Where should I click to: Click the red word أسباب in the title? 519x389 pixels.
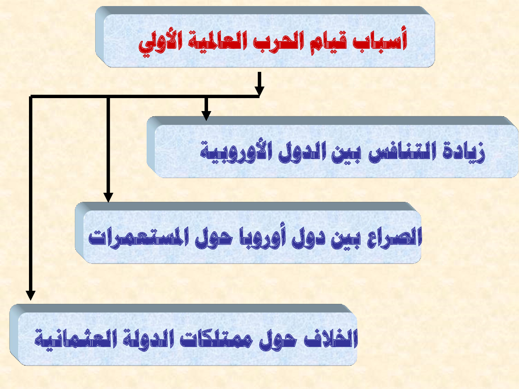click(x=380, y=40)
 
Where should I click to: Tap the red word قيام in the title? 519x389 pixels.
click(x=322, y=42)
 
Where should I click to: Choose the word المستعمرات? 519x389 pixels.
click(x=138, y=236)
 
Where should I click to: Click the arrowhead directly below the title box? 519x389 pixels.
click(x=259, y=91)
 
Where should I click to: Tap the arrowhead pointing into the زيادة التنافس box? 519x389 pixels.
click(x=206, y=116)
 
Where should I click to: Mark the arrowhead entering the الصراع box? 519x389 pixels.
click(x=108, y=198)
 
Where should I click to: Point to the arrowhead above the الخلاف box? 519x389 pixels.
click(x=31, y=296)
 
